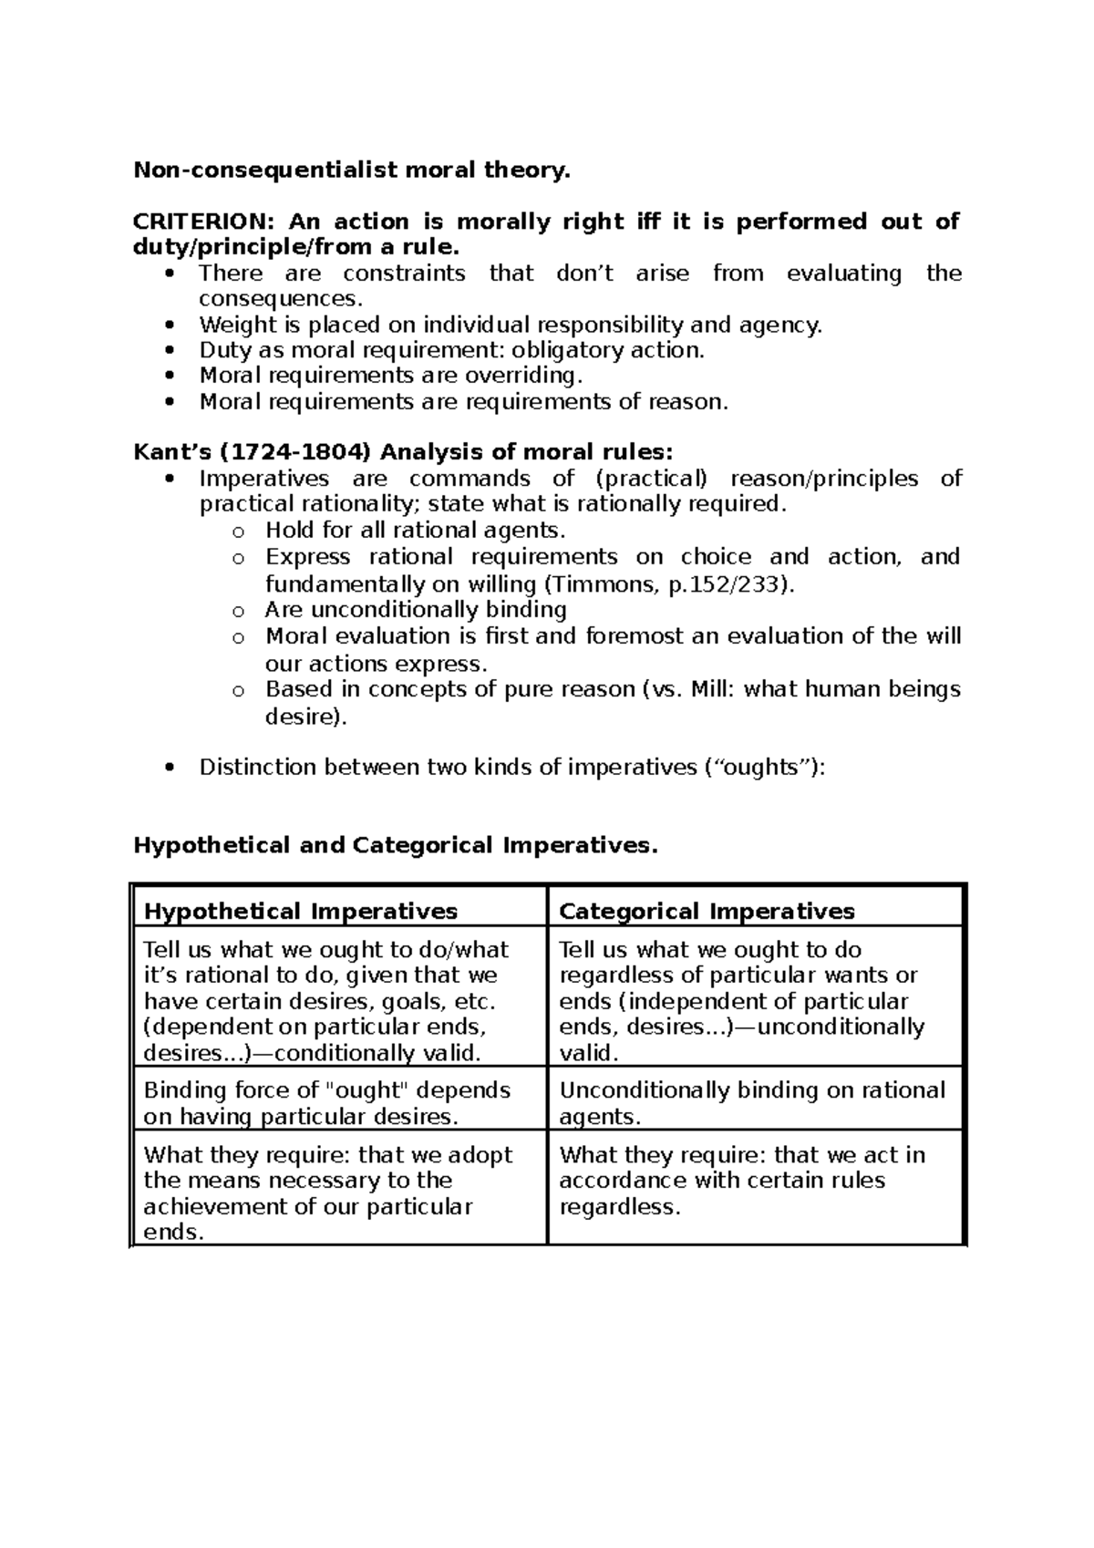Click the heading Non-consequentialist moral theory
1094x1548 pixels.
pos(352,170)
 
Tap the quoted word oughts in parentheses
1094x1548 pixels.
pos(761,768)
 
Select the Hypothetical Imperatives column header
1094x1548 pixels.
pos(301,911)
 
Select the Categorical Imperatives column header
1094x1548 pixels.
pos(707,911)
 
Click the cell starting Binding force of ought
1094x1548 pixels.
pos(328,1103)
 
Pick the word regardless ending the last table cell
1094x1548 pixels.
pos(619,1208)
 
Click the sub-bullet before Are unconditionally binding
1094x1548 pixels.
pos(238,612)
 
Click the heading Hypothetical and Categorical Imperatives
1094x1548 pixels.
pos(395,845)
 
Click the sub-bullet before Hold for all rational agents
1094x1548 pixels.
pos(238,532)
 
